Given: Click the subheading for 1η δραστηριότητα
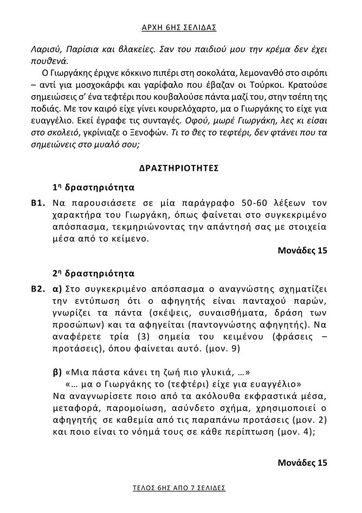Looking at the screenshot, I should click(93, 188).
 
